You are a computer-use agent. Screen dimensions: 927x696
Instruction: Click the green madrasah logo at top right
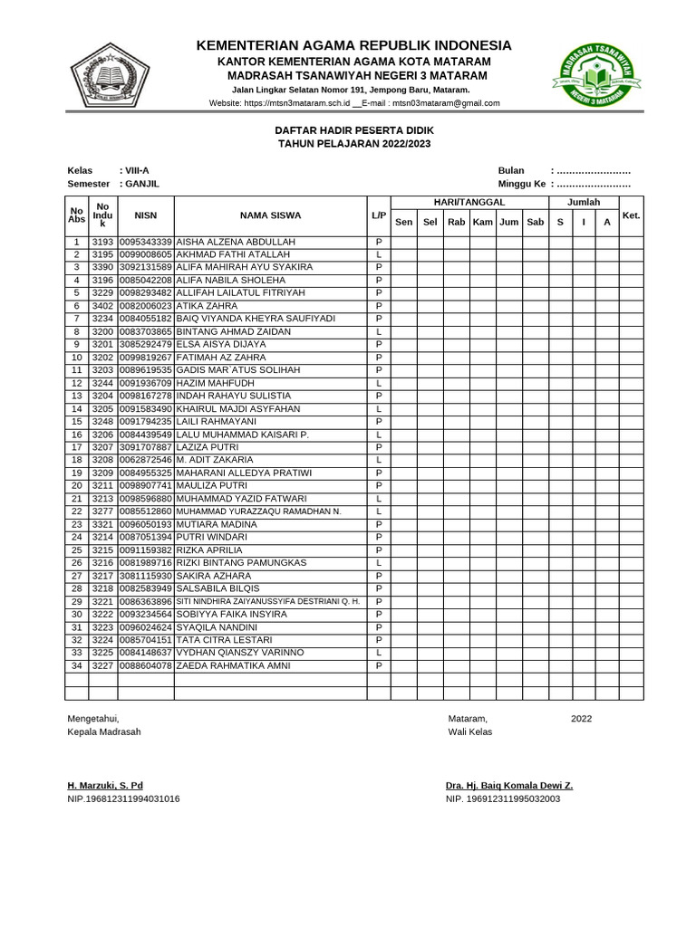[594, 75]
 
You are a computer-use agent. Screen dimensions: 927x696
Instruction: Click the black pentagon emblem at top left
[111, 75]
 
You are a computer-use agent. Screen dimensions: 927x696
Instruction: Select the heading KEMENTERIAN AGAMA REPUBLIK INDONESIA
[354, 45]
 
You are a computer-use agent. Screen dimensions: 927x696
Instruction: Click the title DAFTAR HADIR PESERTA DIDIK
[354, 130]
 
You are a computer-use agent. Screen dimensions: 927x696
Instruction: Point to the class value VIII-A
[138, 170]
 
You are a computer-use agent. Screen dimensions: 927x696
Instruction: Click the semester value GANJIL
[142, 184]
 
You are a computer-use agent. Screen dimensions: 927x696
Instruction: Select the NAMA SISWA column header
[270, 215]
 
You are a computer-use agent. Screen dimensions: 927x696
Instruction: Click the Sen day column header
[403, 222]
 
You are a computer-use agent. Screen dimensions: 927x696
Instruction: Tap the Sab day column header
[536, 222]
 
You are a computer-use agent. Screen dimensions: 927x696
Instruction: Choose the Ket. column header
[632, 215]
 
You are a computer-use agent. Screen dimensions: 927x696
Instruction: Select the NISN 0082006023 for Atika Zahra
[146, 306]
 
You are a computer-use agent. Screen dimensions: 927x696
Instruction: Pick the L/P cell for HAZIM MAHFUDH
[379, 383]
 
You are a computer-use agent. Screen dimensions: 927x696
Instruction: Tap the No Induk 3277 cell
[102, 511]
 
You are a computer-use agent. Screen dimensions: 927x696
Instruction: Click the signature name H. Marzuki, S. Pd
[105, 786]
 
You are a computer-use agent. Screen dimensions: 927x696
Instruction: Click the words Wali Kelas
[470, 732]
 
